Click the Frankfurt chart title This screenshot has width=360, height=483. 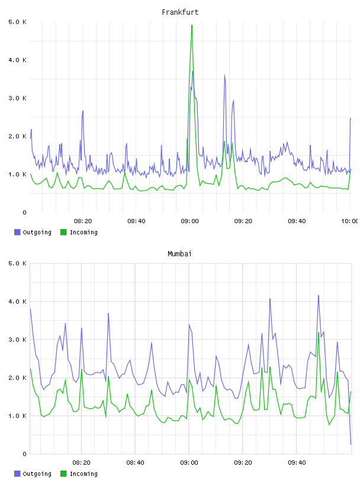(180, 12)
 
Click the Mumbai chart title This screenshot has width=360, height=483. (179, 254)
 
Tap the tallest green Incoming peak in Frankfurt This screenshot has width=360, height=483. (192, 25)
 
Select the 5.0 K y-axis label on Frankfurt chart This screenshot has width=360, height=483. (18, 22)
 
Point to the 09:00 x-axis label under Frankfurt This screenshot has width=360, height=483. (189, 221)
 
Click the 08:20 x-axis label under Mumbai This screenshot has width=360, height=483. (81, 463)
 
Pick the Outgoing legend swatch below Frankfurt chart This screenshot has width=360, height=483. (17, 232)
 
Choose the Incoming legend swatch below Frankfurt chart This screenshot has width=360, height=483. (63, 232)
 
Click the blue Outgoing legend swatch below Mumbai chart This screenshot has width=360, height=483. (17, 474)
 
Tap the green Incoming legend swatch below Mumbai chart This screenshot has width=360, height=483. (63, 474)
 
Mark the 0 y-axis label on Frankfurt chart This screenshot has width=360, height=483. (24, 212)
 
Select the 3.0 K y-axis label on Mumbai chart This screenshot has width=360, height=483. (18, 340)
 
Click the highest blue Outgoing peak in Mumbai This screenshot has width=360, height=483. (319, 295)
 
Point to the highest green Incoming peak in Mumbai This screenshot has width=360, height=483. (319, 333)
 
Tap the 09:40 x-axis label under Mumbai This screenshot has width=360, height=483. (297, 463)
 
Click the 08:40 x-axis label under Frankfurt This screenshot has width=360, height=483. (136, 221)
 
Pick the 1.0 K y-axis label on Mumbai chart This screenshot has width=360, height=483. (18, 416)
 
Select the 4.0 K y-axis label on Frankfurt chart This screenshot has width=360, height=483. (18, 60)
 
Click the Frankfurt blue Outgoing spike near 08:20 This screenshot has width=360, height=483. (83, 111)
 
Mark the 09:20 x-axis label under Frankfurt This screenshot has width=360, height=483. (243, 221)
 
